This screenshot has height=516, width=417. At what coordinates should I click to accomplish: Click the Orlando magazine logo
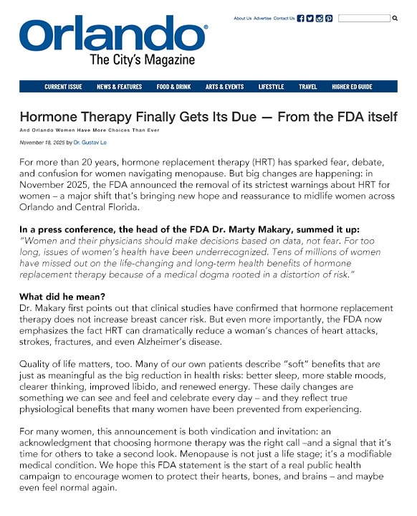pos(113,41)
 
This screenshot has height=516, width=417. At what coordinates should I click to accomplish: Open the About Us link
pos(242,19)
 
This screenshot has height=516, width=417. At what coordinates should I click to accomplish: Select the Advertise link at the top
pos(262,19)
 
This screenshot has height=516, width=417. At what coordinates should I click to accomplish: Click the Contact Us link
pos(284,19)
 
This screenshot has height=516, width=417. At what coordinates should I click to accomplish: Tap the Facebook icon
pos(301,19)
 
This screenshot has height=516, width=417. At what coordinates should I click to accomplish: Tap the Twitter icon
pos(310,19)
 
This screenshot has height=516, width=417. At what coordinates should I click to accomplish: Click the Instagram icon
pos(320,19)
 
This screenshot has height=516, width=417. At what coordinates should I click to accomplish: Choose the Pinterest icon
pos(329,19)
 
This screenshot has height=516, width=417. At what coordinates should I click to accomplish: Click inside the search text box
pos(363,19)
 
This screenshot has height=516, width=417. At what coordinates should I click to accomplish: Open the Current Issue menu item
pos(63,87)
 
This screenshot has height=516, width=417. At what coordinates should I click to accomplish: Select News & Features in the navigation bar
pos(119,87)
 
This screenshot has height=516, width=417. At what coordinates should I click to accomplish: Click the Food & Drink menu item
pos(173,87)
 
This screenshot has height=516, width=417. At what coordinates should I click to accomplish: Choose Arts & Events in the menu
pos(224,87)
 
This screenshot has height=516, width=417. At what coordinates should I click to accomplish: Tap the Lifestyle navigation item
pos(271,87)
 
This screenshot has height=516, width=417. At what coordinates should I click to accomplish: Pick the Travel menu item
pos(308,87)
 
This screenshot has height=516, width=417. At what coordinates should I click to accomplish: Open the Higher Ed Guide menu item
pos(352,87)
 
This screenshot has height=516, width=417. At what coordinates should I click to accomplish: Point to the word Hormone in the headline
pos(49,116)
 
